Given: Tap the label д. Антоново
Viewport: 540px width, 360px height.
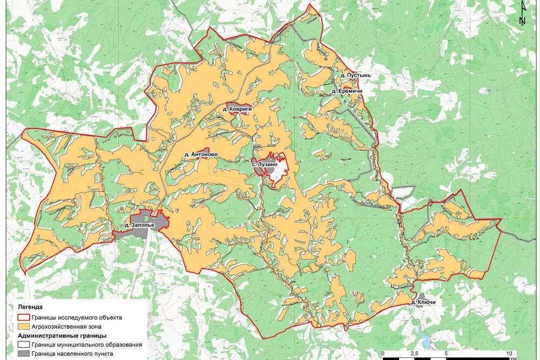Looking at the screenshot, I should click(201, 154).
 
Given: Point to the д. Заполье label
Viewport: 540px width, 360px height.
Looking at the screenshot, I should click(139, 225).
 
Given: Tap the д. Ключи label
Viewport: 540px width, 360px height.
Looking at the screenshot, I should click(423, 302).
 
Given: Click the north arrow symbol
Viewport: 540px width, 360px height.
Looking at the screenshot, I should click(522, 13).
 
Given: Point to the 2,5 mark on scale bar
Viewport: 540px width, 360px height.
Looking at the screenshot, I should click(414, 352).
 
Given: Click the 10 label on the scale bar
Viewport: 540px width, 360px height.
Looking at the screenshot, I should click(508, 352).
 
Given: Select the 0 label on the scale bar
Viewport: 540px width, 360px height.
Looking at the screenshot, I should click(383, 352).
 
